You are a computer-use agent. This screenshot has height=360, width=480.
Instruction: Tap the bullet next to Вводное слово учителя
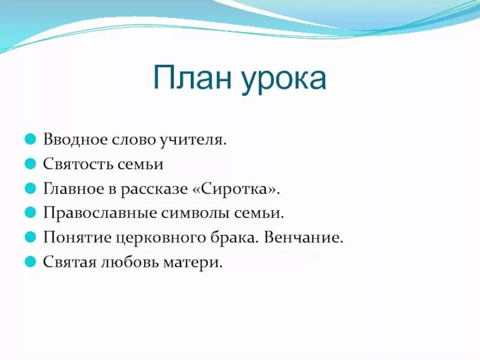31,140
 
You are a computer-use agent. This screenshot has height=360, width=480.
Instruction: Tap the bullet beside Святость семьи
31,164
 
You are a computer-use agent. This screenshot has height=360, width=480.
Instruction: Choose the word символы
184,214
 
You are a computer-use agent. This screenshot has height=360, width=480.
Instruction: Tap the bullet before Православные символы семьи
31,213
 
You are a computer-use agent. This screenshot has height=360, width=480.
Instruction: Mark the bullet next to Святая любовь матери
31,262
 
